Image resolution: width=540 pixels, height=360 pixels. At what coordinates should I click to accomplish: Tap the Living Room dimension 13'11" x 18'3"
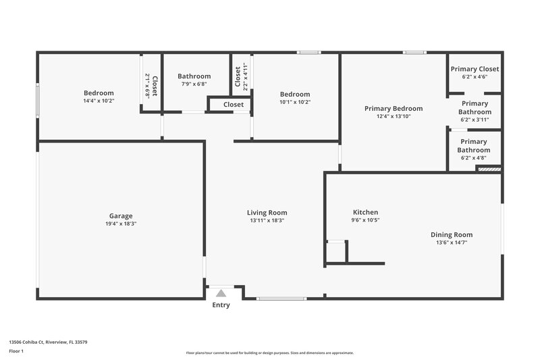click(x=267, y=220)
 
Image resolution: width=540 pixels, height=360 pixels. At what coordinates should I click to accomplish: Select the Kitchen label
click(x=365, y=212)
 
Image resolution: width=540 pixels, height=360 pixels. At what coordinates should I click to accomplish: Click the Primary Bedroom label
click(x=394, y=108)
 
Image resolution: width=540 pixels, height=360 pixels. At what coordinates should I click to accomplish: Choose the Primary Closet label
click(x=475, y=69)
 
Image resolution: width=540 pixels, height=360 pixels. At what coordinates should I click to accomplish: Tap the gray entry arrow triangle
click(x=221, y=293)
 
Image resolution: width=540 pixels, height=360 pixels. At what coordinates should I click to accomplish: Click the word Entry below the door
click(x=221, y=305)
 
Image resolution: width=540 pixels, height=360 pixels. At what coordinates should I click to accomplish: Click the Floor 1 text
click(x=16, y=352)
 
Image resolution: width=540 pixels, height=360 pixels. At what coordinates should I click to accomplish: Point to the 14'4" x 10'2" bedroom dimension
click(x=99, y=101)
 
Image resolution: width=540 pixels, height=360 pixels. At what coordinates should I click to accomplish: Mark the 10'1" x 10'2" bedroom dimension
click(x=295, y=102)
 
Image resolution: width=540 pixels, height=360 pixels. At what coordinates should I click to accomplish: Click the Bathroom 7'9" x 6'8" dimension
click(x=194, y=84)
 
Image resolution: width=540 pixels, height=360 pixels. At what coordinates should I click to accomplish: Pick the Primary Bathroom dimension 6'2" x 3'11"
click(x=474, y=120)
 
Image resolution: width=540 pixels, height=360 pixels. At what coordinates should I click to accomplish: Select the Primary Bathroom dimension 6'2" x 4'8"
click(x=474, y=158)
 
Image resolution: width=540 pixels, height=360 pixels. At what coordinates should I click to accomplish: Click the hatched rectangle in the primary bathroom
click(x=489, y=169)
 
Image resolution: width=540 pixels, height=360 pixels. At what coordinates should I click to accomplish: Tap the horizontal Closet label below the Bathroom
click(x=234, y=105)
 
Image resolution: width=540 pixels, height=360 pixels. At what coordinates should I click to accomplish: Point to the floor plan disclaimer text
click(x=269, y=353)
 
